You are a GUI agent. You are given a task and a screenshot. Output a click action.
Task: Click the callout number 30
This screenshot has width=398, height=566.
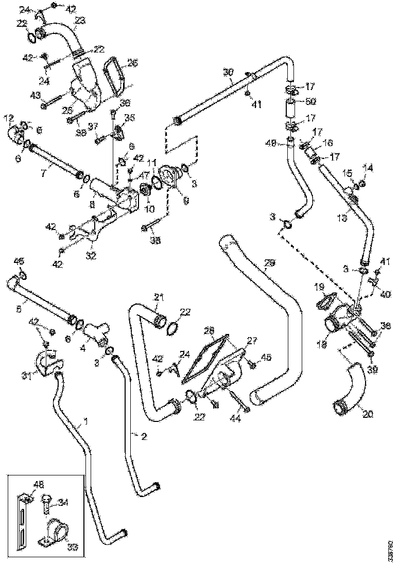point(228,70)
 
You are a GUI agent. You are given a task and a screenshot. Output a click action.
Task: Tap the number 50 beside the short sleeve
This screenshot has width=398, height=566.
point(312,101)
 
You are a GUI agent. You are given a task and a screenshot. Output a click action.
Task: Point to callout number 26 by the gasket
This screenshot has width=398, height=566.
point(132,63)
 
